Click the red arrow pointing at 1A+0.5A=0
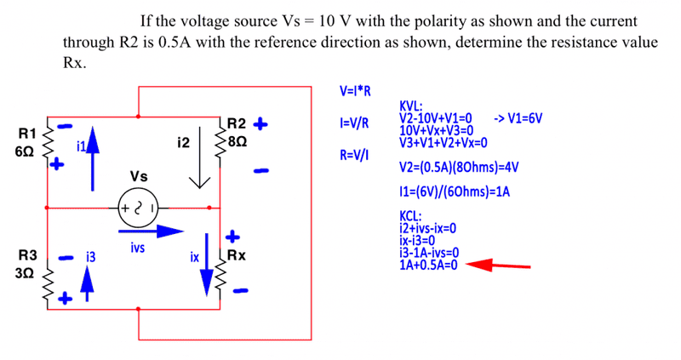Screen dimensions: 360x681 pos(501,266)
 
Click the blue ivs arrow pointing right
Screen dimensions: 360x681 pos(152,230)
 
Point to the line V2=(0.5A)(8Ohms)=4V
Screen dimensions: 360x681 pos(454,167)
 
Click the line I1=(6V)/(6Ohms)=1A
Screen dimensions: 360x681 pos(454,192)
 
